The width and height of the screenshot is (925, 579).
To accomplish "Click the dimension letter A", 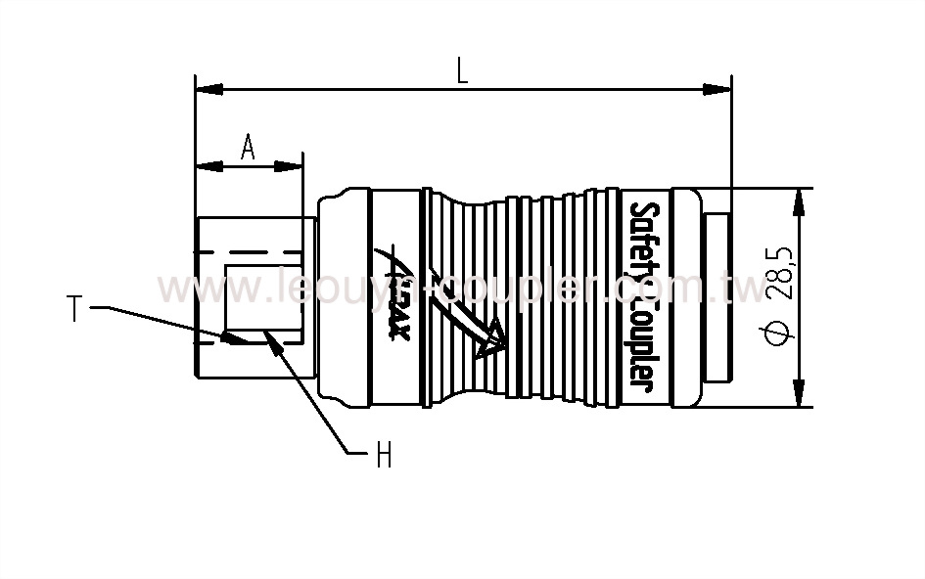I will [x=248, y=147].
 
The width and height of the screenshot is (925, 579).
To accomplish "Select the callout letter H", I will [x=384, y=454].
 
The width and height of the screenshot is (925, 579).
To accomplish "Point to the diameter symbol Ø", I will [x=779, y=334].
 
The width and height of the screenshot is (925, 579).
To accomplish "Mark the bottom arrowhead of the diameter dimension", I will [x=801, y=394].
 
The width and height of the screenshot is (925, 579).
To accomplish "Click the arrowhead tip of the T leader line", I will [x=228, y=338].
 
